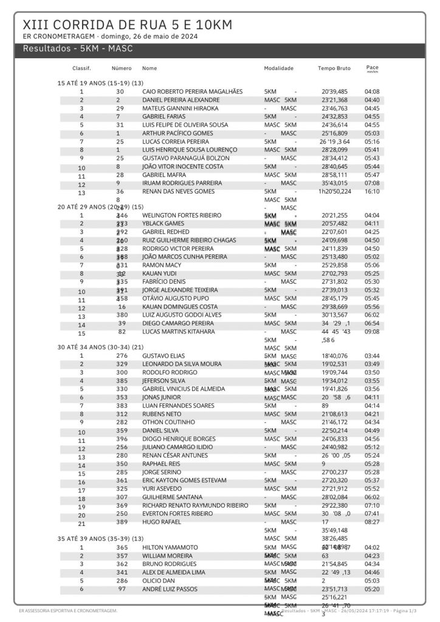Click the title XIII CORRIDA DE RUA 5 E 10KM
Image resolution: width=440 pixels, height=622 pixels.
pos(127,25)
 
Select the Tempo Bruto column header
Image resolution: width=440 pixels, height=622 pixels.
pos(334,69)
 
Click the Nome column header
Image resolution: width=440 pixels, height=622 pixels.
pos(150,69)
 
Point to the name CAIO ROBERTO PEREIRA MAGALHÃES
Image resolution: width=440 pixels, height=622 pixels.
pos(192,91)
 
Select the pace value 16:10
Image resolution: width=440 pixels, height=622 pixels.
pos(372,191)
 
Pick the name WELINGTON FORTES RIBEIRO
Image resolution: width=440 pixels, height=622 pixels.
pos(182,215)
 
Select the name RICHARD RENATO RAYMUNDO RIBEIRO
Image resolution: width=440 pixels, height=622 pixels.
pos(195,505)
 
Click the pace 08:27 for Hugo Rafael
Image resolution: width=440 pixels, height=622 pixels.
pos(372,522)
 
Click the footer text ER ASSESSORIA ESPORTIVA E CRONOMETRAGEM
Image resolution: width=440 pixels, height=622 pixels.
pos(67,610)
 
